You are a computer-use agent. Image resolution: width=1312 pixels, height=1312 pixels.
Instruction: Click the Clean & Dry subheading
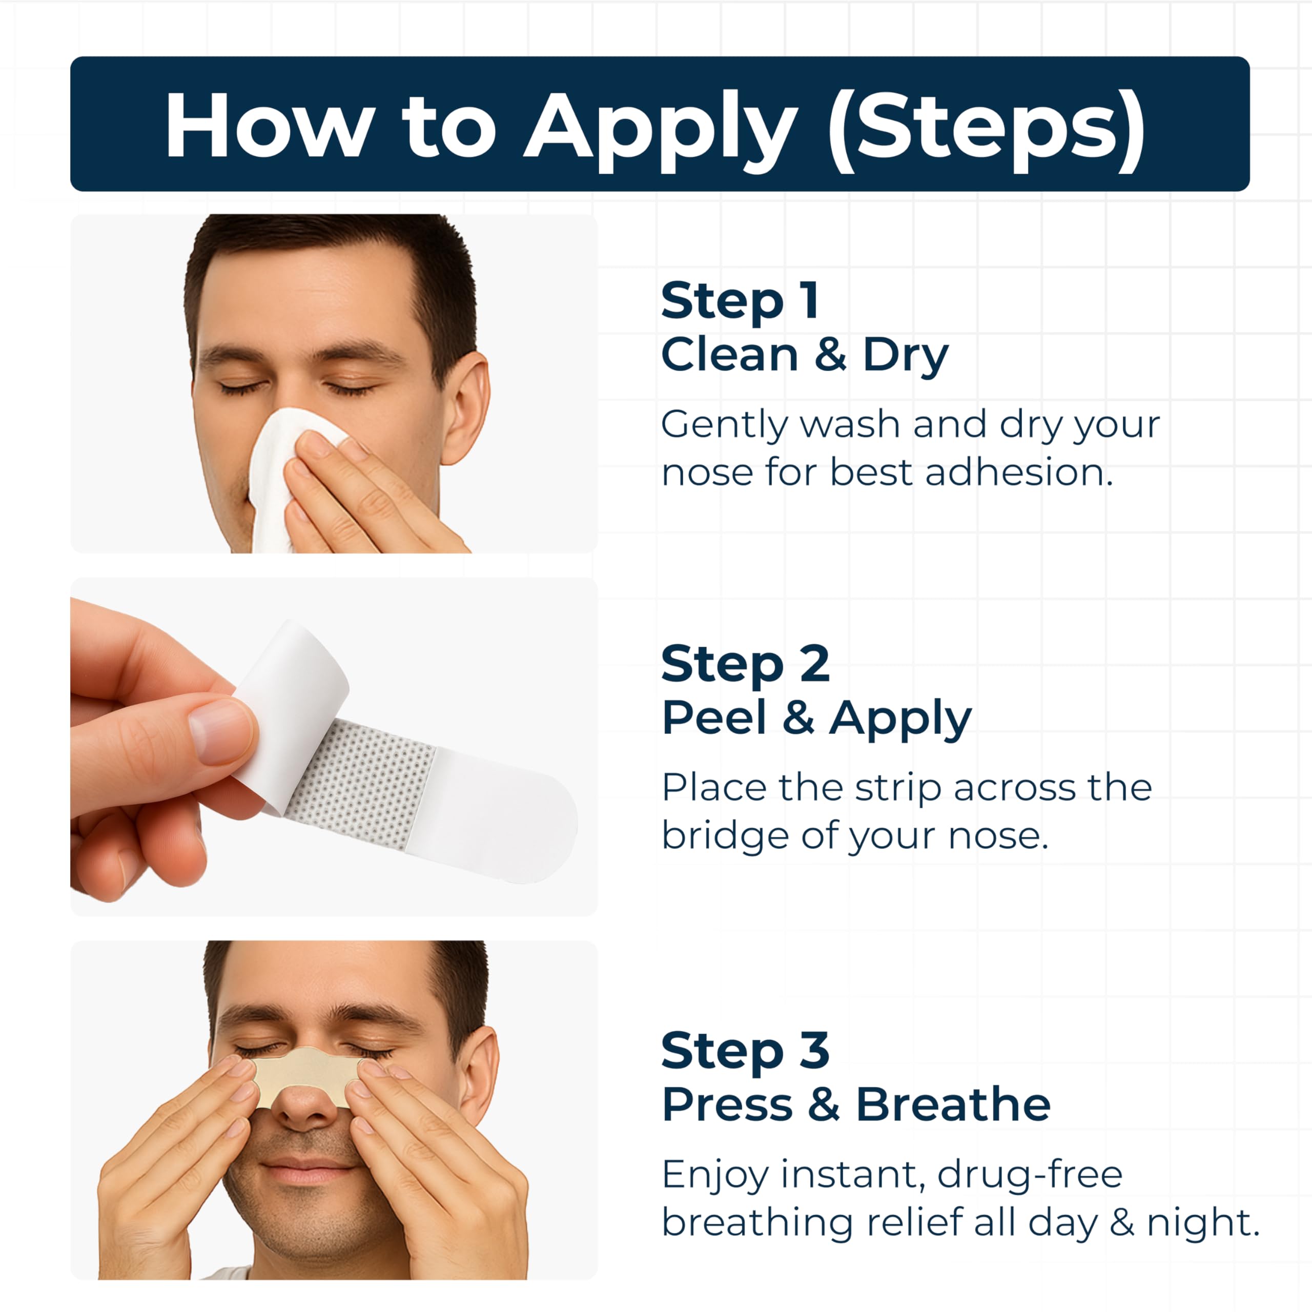[805, 355]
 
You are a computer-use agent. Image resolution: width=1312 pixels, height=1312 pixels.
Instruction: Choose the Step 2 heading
[746, 664]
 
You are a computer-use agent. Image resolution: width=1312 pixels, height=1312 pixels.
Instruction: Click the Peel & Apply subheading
[816, 719]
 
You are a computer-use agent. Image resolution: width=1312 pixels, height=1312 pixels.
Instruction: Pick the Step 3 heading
[746, 1050]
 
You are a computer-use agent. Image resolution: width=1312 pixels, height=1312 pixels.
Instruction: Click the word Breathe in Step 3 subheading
[953, 1104]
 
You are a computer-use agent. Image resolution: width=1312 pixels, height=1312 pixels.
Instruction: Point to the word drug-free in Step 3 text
[1030, 1175]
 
